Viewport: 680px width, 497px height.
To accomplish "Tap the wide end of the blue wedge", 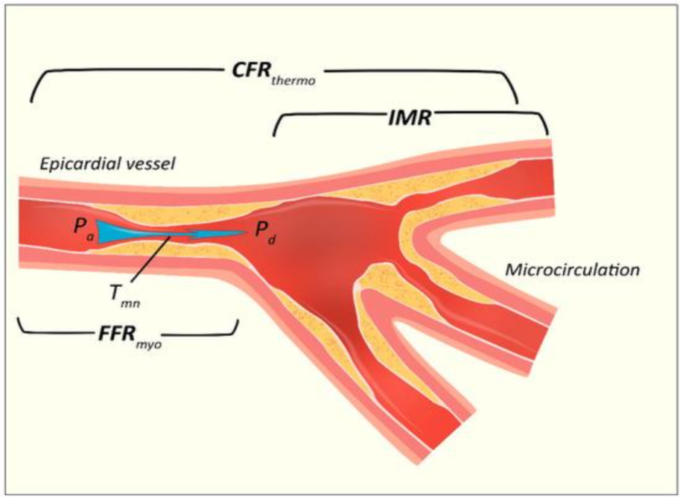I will (98, 232).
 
